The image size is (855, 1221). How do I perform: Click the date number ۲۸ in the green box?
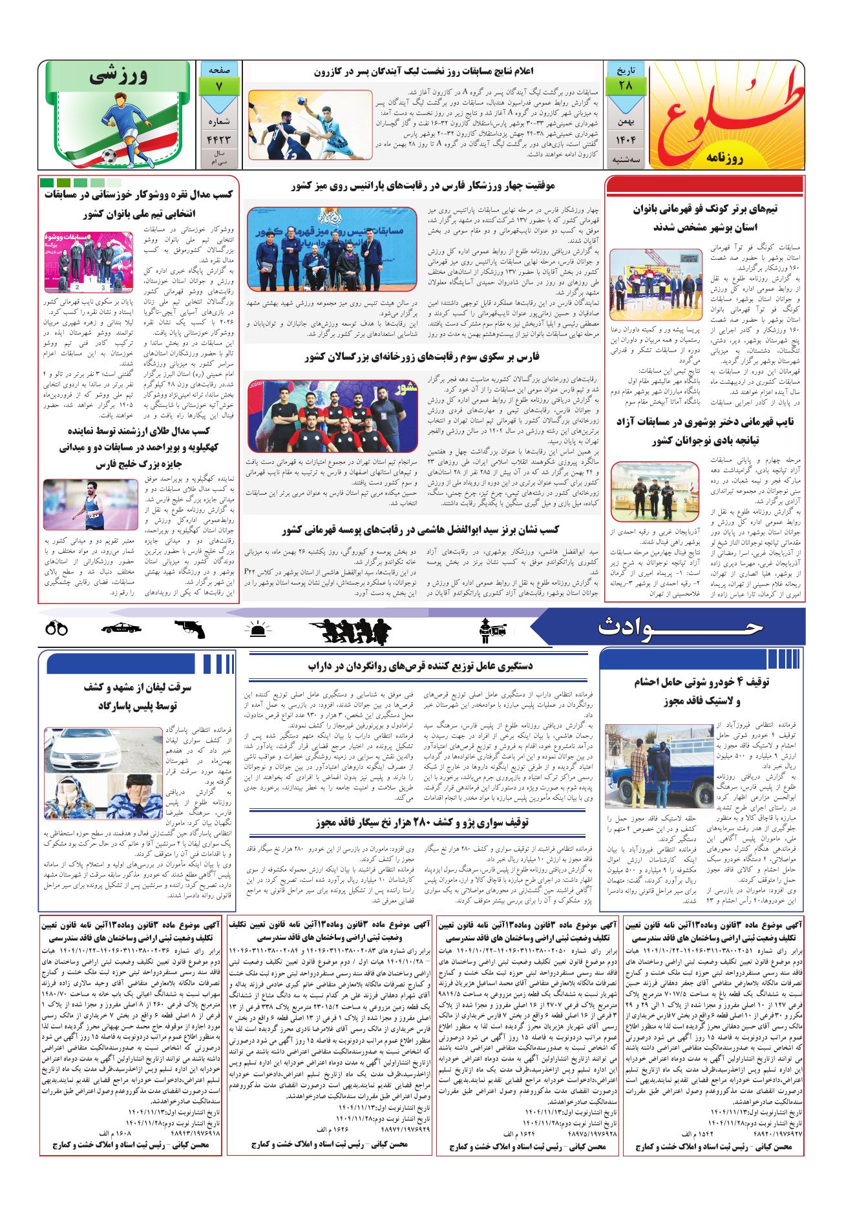pyautogui.click(x=624, y=85)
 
